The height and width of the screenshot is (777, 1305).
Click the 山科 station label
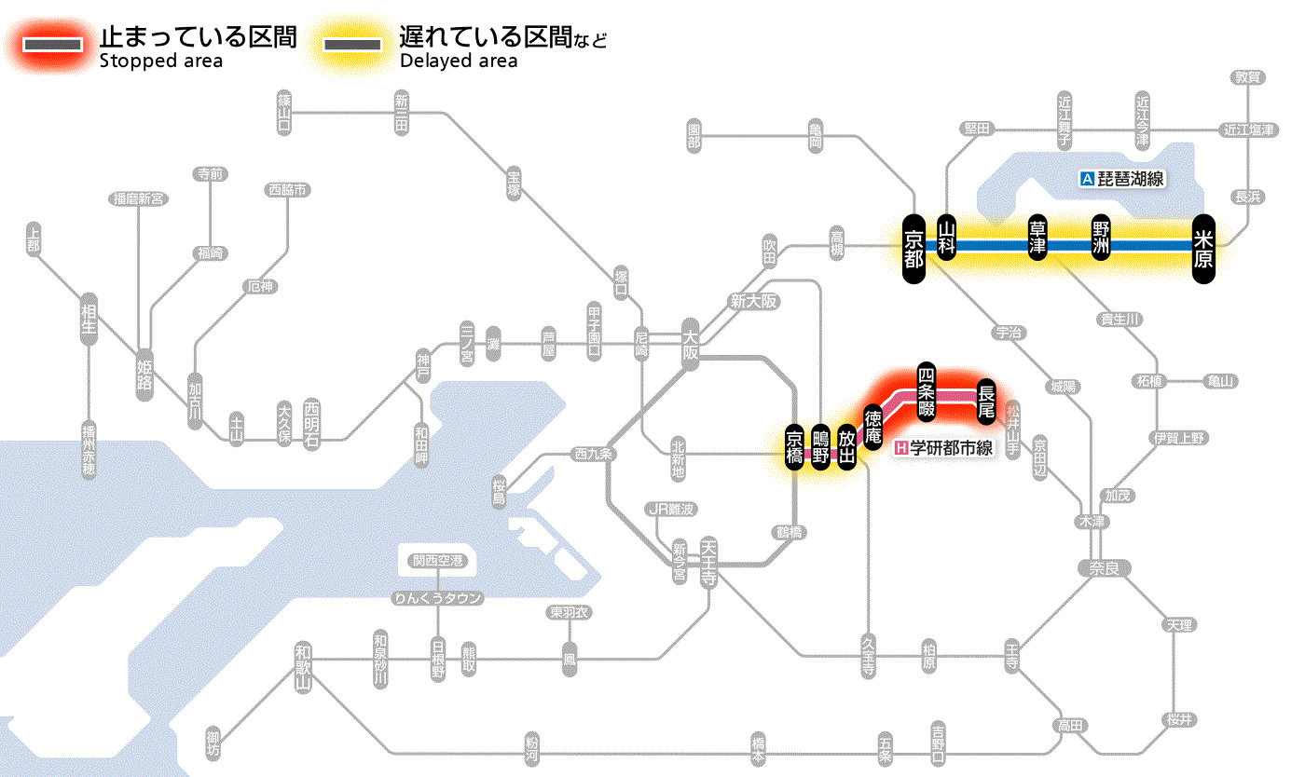coord(947,239)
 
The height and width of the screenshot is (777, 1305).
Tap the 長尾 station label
coord(986,401)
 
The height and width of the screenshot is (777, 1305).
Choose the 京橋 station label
coord(794,448)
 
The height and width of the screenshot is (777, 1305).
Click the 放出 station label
coord(846,448)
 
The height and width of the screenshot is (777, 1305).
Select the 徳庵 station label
coord(873,427)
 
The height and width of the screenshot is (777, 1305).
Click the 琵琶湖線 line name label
coord(1122,179)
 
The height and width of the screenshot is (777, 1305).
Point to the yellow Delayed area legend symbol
coord(351,45)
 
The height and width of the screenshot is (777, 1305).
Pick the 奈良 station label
coord(1105,567)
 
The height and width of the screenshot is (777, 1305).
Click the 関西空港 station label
coord(438,561)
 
